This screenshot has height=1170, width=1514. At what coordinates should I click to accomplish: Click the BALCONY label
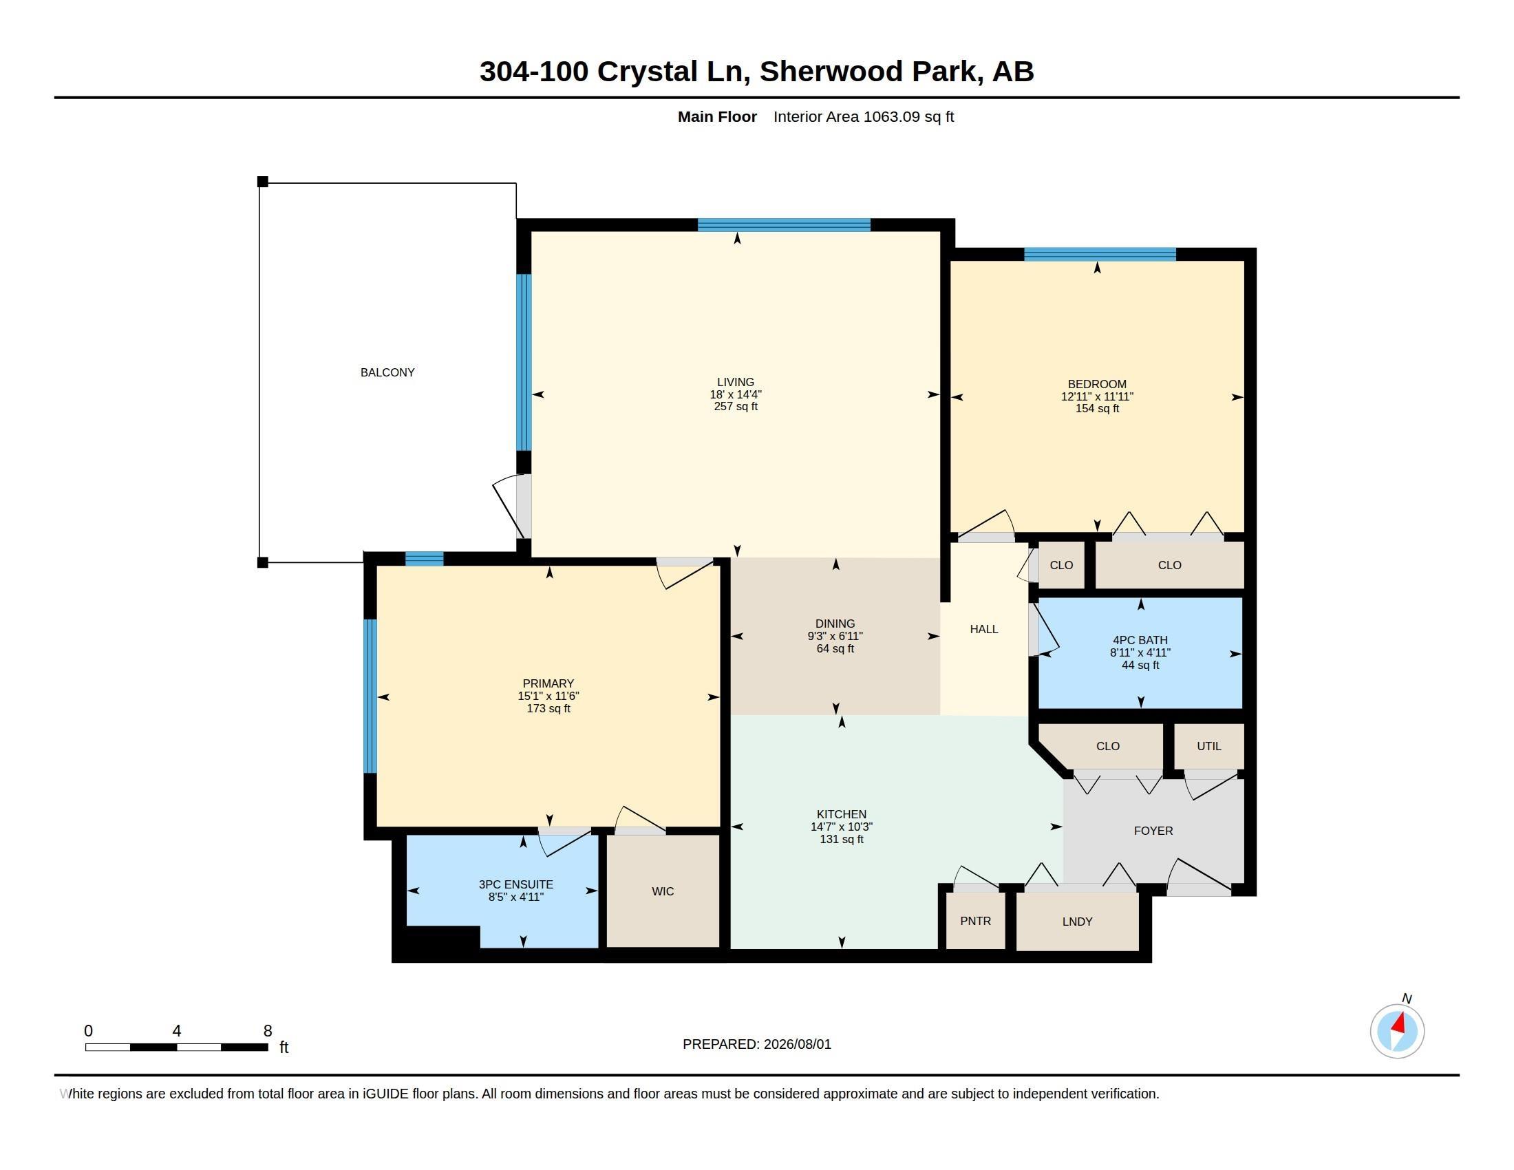(387, 372)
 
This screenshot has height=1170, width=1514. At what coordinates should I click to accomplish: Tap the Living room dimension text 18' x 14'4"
(736, 394)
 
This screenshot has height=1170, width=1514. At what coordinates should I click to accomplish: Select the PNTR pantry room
(975, 920)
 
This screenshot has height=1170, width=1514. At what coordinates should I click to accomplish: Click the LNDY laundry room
(1077, 921)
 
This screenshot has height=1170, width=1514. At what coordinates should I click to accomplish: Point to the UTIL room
(1209, 746)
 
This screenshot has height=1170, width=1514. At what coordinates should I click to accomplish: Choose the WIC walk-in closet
(663, 891)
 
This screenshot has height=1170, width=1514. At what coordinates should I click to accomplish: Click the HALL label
(983, 629)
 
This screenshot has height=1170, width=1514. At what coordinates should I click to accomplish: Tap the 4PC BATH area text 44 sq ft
(1140, 666)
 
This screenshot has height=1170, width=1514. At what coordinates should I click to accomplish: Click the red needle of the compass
(1399, 1023)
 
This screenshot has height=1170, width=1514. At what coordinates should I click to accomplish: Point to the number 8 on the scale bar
(268, 1031)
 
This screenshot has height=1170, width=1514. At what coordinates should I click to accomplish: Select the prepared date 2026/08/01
(797, 1044)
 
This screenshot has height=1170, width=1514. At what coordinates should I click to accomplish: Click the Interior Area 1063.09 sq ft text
(864, 116)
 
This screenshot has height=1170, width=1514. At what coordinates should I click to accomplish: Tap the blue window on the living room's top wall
(784, 224)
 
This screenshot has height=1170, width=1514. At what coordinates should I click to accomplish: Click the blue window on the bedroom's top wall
(1100, 255)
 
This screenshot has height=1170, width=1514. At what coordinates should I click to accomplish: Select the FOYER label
(1153, 831)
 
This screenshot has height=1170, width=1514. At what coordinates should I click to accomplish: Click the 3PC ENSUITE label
(515, 884)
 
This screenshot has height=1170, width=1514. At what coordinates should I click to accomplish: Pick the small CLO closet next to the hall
(1061, 565)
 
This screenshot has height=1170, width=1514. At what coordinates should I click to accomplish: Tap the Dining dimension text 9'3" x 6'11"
(835, 637)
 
